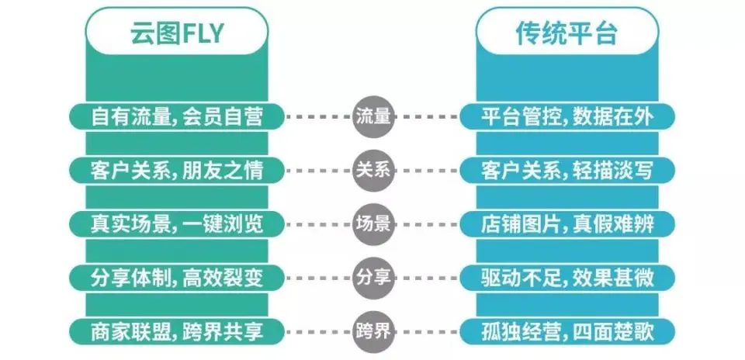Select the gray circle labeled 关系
pyautogui.click(x=373, y=170)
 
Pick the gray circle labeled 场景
pyautogui.click(x=373, y=223)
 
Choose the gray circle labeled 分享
pyautogui.click(x=373, y=277)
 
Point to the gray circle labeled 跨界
pyautogui.click(x=373, y=331)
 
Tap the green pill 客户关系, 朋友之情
pyautogui.click(x=177, y=170)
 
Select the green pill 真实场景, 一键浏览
pyautogui.click(x=177, y=223)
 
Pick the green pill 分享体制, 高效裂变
pyautogui.click(x=177, y=277)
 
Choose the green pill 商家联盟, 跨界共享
pyautogui.click(x=177, y=331)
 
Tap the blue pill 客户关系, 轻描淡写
pyautogui.click(x=567, y=170)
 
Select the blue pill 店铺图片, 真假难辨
pyautogui.click(x=567, y=223)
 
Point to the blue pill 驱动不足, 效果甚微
pyautogui.click(x=567, y=277)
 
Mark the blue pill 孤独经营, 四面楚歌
pyautogui.click(x=567, y=331)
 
